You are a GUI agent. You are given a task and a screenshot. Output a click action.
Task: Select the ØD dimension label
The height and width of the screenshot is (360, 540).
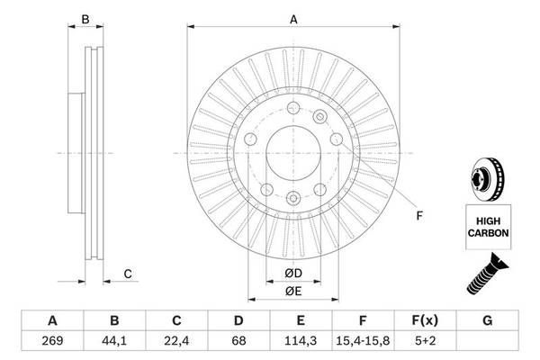pos(292,274)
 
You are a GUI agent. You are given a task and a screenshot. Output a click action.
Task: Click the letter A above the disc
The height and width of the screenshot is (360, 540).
pos(293,18)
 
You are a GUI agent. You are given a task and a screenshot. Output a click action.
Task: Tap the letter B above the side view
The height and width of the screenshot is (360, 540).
pos(85,18)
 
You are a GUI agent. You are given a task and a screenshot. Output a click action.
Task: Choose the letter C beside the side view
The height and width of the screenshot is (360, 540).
pos(128,274)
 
